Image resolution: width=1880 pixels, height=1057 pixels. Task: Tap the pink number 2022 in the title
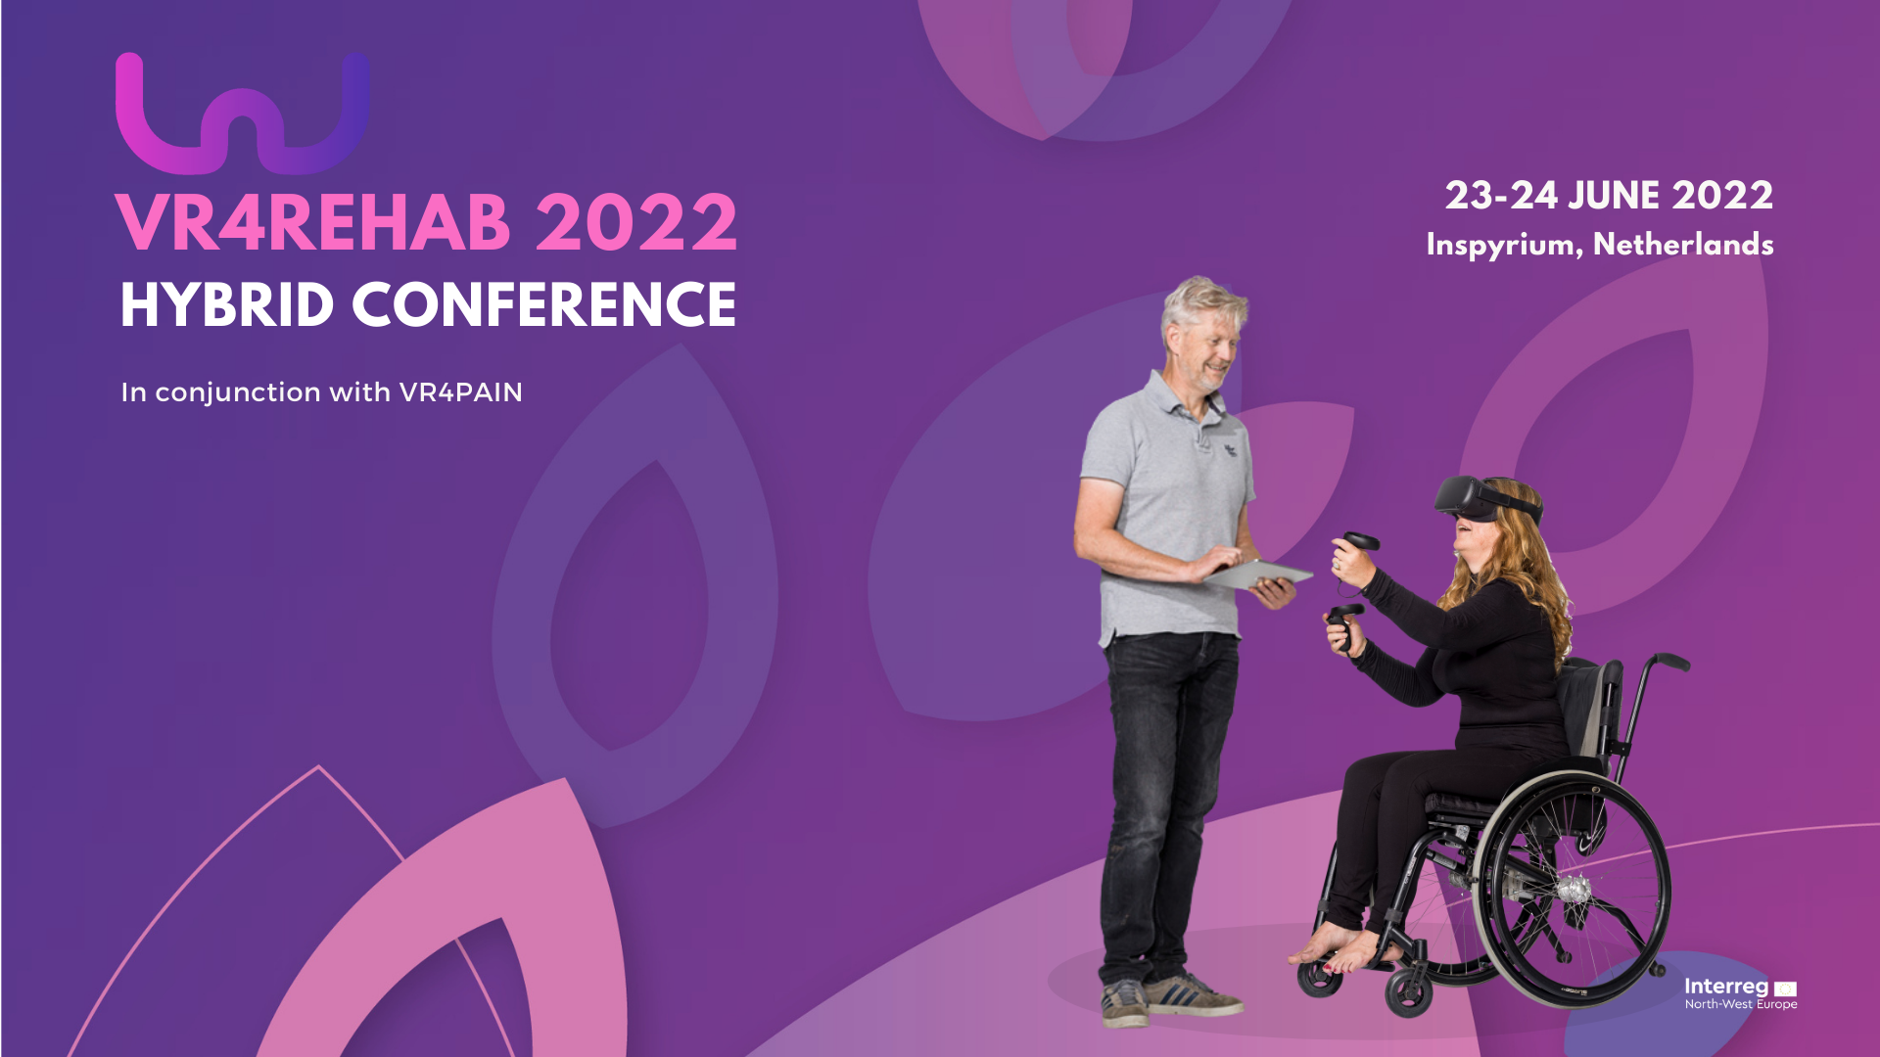coord(636,222)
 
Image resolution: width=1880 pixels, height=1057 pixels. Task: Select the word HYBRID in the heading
coord(227,305)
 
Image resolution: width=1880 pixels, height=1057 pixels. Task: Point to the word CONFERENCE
coord(543,305)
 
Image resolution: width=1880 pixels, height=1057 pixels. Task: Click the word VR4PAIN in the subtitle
coord(461,392)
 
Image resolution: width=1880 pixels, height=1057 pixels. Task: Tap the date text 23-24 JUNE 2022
coord(1609,196)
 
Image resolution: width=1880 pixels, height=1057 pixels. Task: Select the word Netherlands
coord(1683,244)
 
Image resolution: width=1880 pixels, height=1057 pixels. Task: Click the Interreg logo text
coord(1726,987)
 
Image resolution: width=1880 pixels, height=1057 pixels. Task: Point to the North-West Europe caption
coord(1741,1004)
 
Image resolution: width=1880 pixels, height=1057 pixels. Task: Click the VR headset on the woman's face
coord(1483,498)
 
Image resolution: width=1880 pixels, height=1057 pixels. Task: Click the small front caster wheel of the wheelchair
coord(1408,994)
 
